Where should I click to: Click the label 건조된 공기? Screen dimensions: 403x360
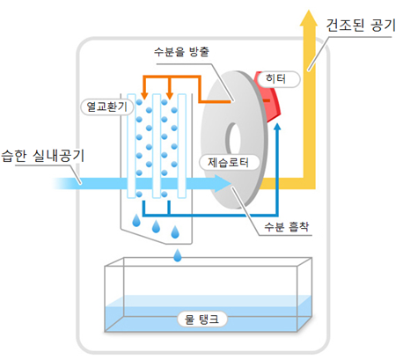tap(361, 25)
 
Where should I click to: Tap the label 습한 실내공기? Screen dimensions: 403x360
tap(43, 155)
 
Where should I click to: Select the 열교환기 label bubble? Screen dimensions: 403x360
tap(107, 107)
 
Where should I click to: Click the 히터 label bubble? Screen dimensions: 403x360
tap(278, 79)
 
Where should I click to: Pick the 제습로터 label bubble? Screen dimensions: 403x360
tap(229, 162)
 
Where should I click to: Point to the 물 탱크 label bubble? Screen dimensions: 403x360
tap(202, 320)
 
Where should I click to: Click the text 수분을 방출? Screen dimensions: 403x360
tap(181, 52)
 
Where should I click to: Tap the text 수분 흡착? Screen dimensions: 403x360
tap(287, 226)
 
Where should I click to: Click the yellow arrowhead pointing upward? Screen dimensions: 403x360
tap(309, 18)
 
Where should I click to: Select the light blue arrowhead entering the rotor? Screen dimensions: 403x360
tap(222, 183)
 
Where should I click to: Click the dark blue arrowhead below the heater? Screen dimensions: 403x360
tap(277, 127)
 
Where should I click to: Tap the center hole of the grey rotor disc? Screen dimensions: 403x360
tap(234, 140)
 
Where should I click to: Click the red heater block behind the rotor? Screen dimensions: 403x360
tap(268, 97)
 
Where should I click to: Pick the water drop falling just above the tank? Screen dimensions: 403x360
tap(178, 255)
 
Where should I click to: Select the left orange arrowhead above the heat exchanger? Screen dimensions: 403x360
tap(144, 96)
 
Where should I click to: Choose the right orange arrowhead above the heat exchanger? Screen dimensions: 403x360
tap(169, 96)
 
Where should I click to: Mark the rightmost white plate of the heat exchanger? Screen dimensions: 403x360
tap(182, 146)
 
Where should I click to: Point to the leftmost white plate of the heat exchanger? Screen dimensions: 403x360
tap(131, 146)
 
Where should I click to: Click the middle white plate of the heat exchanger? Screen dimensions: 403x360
tap(157, 146)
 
